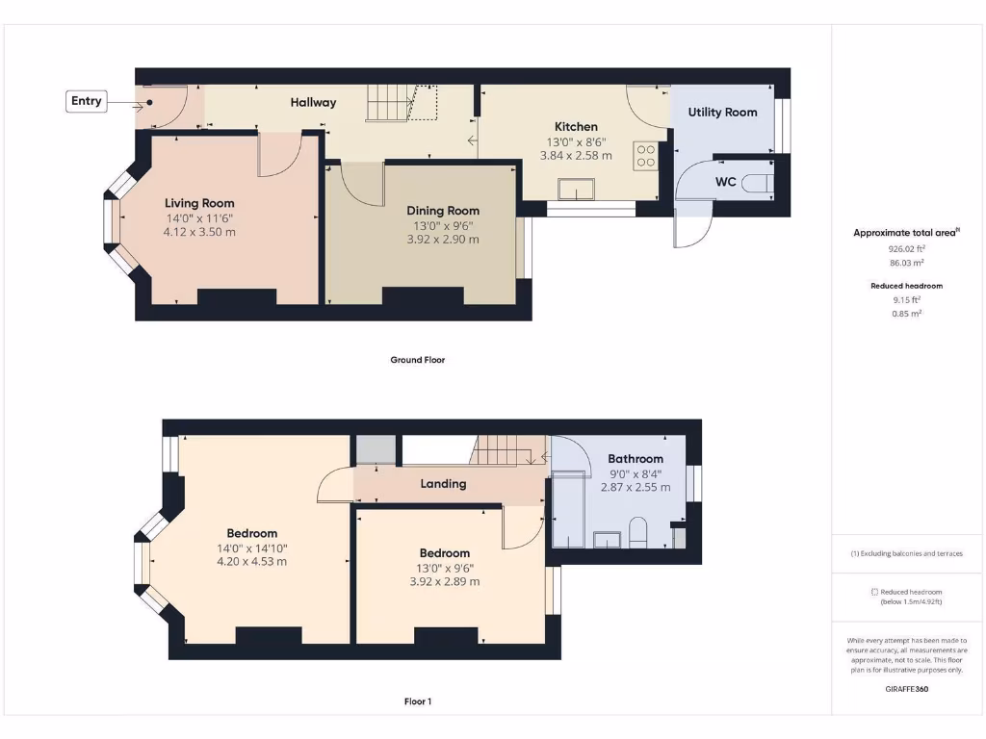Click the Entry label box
tap(86, 101)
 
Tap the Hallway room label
tap(313, 102)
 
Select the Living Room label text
tap(199, 203)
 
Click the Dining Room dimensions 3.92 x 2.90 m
tap(442, 240)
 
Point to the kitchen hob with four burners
tap(645, 155)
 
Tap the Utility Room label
tap(722, 113)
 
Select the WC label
tap(726, 181)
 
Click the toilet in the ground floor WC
tap(761, 182)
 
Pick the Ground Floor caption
tap(417, 360)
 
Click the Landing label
tap(443, 484)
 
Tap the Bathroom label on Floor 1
tap(636, 459)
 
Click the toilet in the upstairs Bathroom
tap(637, 532)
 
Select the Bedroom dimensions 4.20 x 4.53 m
tap(251, 562)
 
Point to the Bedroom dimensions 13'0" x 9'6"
tap(444, 568)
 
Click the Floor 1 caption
tap(417, 701)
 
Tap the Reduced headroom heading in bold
tap(906, 286)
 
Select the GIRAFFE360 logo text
tap(907, 689)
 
